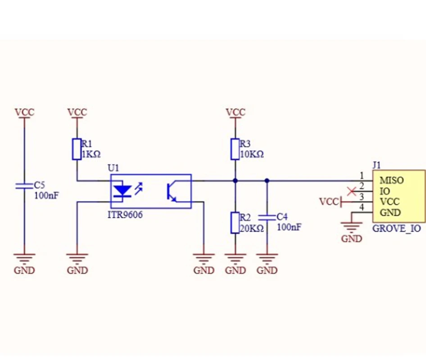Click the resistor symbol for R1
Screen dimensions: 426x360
pos(77,149)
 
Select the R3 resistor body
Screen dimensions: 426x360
pos(235,149)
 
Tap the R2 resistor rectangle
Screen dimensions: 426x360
pos(235,223)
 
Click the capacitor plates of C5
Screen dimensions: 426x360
pos(24,186)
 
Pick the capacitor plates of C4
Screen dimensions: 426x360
pos(267,217)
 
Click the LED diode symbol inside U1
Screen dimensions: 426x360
pos(122,191)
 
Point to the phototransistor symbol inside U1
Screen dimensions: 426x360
pos(171,191)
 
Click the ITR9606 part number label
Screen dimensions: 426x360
pos(125,215)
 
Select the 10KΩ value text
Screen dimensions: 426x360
pos(252,154)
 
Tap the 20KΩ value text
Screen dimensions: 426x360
pos(252,228)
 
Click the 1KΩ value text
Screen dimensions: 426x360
pos(91,154)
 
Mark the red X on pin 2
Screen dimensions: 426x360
pos(352,191)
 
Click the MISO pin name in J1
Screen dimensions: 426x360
pos(391,180)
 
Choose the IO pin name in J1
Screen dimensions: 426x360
pos(385,191)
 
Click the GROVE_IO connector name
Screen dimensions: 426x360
pos(396,228)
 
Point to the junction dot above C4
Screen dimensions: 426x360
pos(267,180)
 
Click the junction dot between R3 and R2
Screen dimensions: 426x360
pos(235,180)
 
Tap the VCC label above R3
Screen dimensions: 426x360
pos(236,112)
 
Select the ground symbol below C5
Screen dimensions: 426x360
pos(24,258)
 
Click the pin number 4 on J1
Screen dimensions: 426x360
pos(362,207)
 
